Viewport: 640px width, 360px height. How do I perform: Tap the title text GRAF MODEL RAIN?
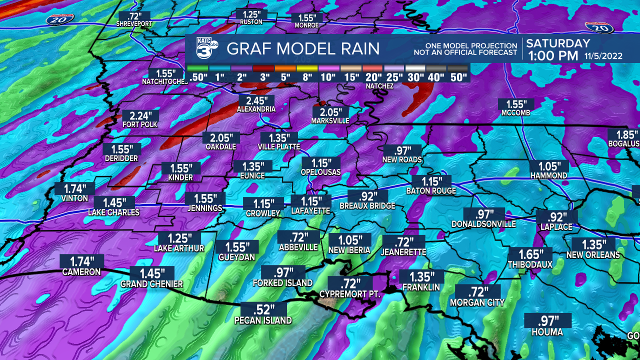[303, 48]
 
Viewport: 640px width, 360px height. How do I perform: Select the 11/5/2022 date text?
[603, 56]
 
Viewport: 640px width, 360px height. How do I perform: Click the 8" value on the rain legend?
[307, 77]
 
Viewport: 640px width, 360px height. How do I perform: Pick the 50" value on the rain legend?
[457, 77]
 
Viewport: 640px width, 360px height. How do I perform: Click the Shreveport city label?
[133, 23]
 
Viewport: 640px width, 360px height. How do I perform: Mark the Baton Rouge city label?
[431, 191]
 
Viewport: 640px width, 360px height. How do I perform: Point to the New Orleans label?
[593, 255]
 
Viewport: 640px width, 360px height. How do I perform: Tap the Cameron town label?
[81, 272]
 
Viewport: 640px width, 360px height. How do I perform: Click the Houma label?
[547, 332]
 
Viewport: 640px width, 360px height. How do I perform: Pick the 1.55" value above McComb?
[515, 104]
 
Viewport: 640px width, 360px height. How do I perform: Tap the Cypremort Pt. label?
[350, 294]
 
